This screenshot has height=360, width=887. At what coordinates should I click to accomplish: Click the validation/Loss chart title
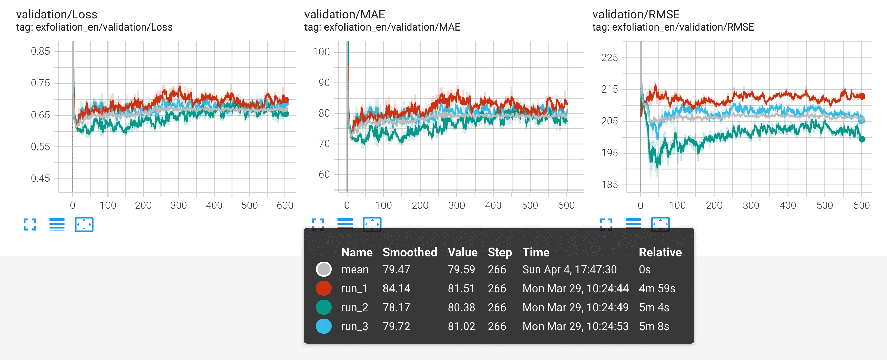57,15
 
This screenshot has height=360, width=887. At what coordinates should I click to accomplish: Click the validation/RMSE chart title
636,15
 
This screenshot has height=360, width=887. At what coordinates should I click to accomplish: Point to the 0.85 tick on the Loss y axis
40,51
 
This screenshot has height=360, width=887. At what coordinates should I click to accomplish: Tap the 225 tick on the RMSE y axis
609,58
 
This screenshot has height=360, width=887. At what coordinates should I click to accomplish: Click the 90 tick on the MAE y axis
324,83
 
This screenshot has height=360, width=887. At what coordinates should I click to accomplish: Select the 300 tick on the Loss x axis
178,205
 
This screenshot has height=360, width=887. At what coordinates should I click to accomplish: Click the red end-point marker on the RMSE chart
862,96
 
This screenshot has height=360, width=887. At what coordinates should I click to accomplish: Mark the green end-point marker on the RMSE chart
862,139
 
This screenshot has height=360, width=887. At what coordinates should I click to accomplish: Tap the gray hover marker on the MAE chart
445,115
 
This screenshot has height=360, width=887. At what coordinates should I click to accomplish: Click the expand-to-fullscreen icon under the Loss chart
29,224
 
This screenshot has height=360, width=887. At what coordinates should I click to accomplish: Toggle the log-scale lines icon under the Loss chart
57,224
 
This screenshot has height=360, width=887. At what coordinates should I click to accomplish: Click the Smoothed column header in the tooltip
410,252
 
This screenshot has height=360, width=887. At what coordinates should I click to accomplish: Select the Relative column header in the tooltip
660,252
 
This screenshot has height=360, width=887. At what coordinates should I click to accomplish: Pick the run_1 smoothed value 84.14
396,288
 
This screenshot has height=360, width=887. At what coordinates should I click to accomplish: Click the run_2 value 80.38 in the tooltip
461,307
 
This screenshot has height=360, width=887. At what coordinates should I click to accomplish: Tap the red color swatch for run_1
324,288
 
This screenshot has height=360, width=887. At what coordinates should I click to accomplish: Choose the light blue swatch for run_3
324,326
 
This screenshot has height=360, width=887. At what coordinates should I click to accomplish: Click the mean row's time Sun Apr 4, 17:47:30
569,269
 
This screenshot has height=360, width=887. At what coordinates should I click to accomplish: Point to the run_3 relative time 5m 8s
654,326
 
